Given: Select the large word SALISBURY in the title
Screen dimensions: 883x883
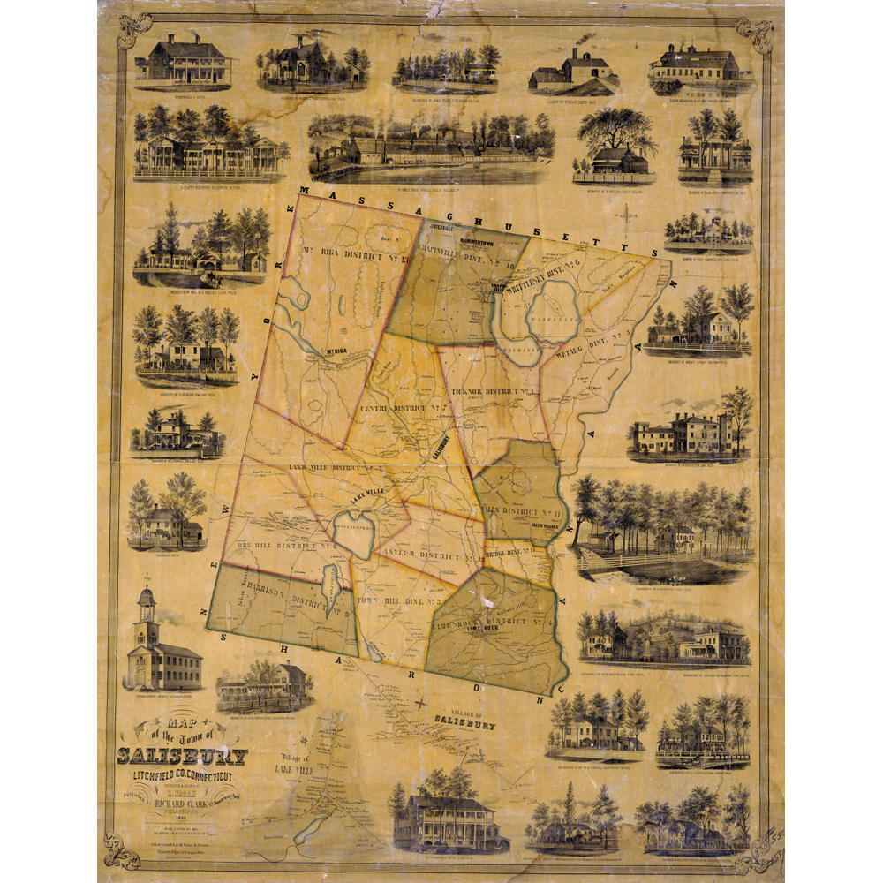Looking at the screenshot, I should [x=183, y=756].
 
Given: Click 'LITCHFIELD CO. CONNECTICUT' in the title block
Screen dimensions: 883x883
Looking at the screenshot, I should [x=183, y=775].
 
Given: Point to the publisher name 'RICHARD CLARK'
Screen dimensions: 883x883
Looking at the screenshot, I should [x=192, y=804].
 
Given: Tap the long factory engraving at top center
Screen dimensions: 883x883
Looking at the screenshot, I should [x=431, y=147].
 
